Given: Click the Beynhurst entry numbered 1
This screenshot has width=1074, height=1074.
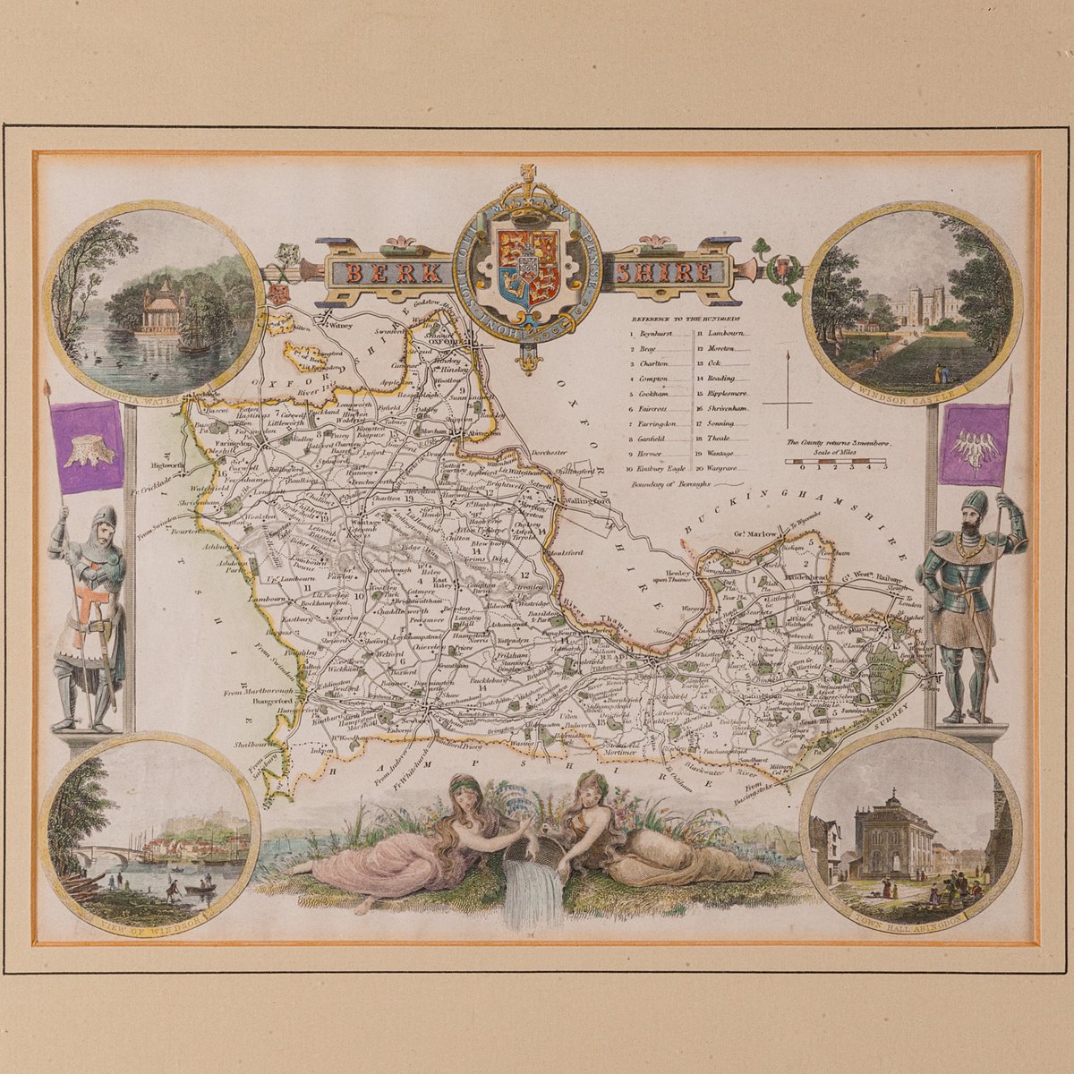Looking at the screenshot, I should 660,333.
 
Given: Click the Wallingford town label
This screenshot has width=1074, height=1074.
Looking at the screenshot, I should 587,500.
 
